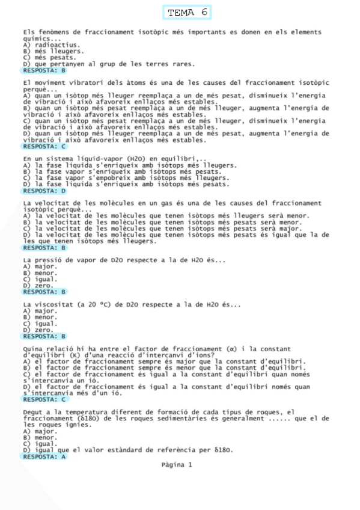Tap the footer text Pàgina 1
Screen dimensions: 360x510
tap(177, 464)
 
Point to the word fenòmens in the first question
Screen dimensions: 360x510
tap(55, 32)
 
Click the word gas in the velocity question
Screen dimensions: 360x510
tap(192, 204)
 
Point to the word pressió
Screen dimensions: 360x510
tap(52, 260)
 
